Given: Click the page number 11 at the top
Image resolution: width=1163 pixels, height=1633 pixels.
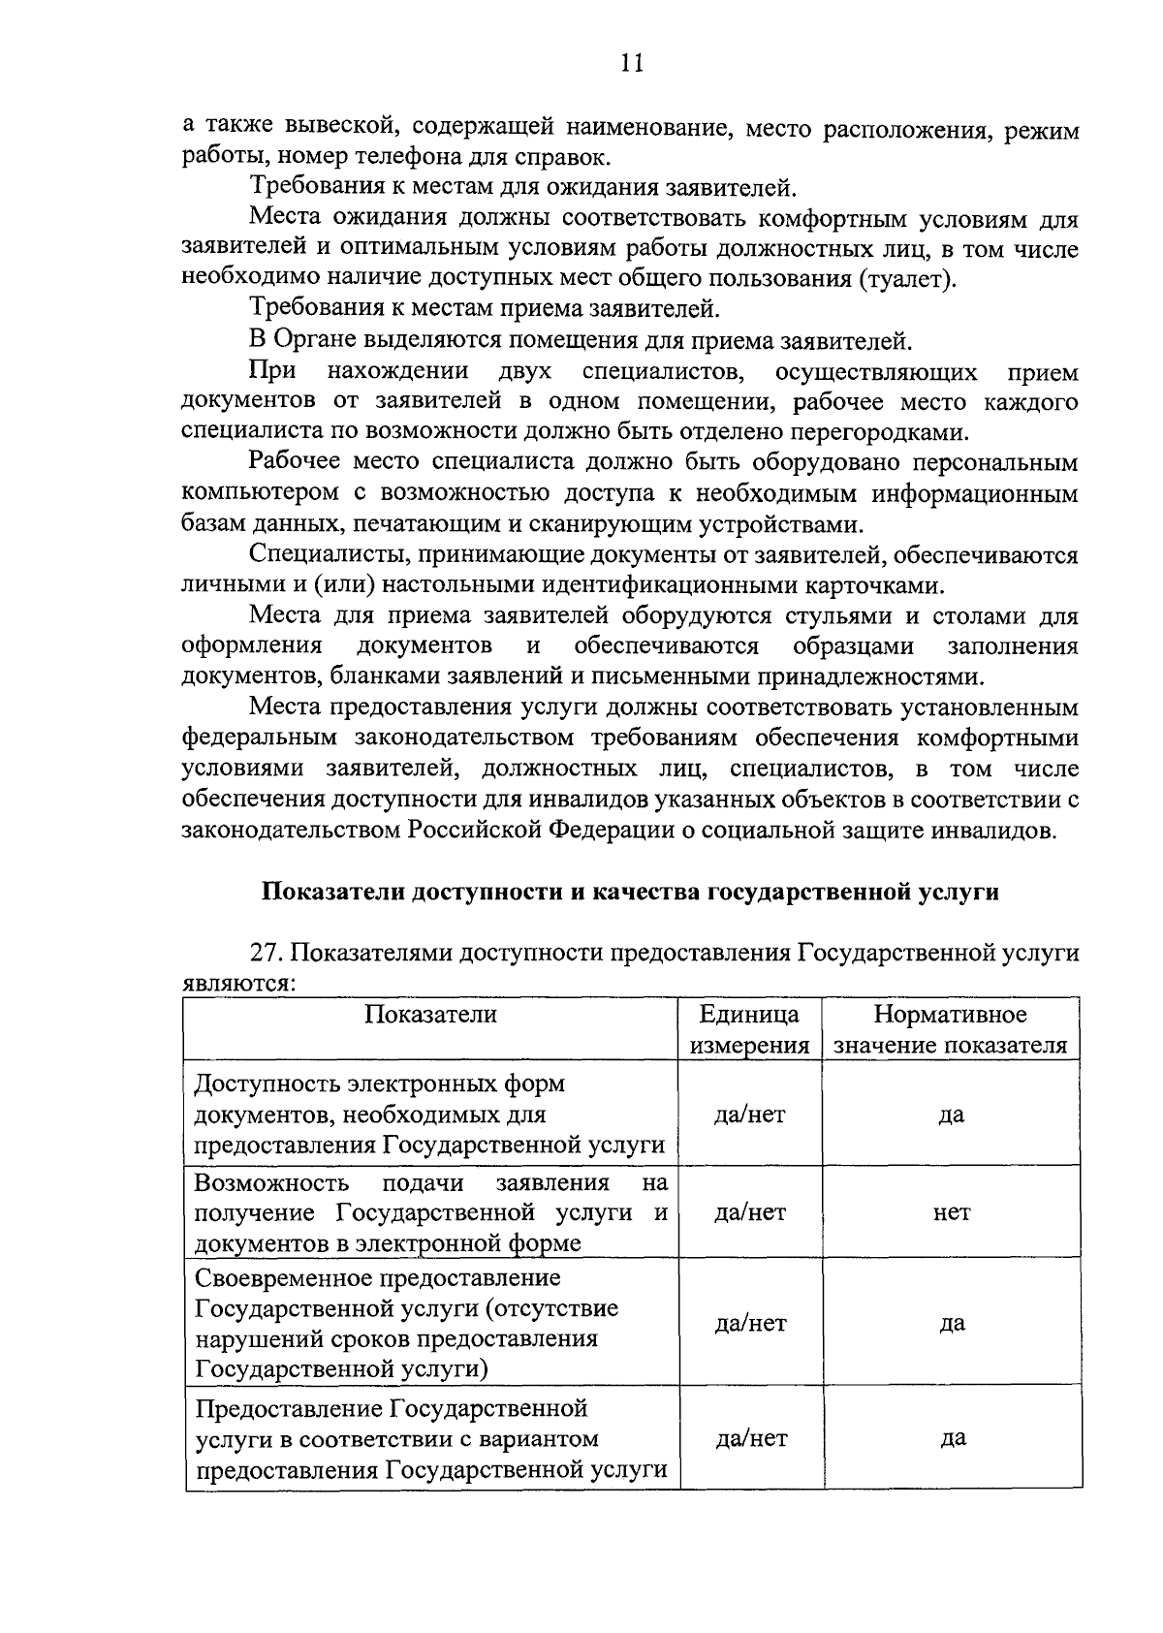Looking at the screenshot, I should point(631,64).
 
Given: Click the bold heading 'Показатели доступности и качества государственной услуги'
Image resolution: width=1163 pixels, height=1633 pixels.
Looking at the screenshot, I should point(631,892).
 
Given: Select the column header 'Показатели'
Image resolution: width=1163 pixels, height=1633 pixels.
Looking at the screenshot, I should point(430,1015).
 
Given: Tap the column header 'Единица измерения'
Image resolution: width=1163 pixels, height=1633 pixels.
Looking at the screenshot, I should point(749,1030).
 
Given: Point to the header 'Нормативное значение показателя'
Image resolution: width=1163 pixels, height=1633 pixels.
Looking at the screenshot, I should point(951,1030).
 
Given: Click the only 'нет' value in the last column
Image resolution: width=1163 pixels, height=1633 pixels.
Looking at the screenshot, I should point(952,1212).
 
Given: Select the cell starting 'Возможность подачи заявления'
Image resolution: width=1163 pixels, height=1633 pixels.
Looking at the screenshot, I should point(429,1212).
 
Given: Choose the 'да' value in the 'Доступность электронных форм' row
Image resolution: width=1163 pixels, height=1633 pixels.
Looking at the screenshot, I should point(952,1115).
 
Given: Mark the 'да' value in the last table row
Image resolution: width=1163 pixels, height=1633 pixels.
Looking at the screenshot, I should point(952,1438).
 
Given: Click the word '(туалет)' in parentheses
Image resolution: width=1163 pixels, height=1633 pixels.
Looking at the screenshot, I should point(905,280).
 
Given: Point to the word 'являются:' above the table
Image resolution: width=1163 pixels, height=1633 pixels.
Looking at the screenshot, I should point(238,984).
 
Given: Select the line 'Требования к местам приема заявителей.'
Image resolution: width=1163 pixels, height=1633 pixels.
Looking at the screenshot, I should point(485,310).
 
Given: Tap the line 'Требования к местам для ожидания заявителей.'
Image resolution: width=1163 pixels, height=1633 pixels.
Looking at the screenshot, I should point(523,187).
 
